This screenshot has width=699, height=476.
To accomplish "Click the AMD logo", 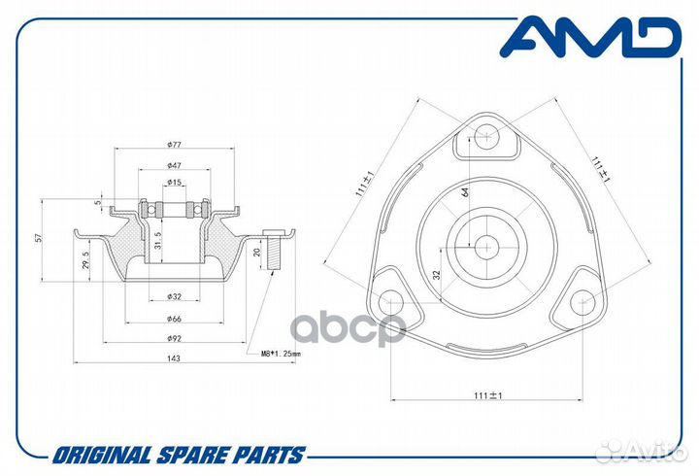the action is (590, 37).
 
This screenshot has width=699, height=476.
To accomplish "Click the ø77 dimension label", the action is (174, 144).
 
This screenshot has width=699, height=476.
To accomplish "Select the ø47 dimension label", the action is (174, 165).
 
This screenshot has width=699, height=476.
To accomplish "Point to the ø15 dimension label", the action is (174, 182).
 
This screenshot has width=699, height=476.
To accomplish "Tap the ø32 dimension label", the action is (174, 296).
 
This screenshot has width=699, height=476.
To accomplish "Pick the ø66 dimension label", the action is (174, 319).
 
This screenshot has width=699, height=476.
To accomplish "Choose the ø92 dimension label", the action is (174, 339).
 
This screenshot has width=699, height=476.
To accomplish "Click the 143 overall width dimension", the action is (174, 358).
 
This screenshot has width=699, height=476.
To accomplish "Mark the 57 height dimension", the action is (39, 238).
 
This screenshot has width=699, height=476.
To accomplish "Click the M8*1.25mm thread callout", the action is (281, 355).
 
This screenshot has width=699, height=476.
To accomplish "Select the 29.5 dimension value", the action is (86, 259).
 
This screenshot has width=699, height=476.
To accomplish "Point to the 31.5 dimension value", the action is (158, 241).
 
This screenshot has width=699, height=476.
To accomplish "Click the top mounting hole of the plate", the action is (486, 136).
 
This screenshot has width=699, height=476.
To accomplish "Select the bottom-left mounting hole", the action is (391, 302).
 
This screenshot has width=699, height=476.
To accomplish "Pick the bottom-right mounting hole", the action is (582, 302).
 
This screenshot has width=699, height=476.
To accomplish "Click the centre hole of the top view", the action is (486, 247).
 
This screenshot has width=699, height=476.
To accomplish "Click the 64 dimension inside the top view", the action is (464, 192).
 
